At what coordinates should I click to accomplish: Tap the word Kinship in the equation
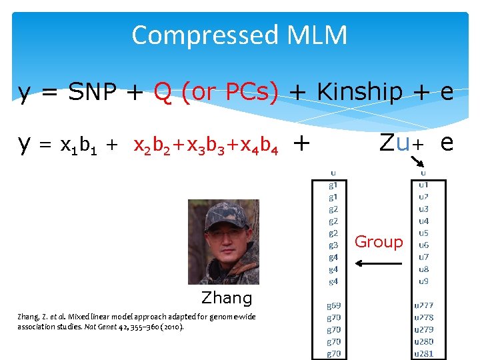pyautogui.click(x=359, y=91)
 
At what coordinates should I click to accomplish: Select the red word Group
pyautogui.click(x=379, y=241)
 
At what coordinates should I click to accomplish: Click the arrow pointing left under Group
pyautogui.click(x=379, y=263)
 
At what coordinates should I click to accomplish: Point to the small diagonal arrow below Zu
pyautogui.click(x=417, y=159)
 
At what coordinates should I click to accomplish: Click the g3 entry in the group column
pyautogui.click(x=333, y=245)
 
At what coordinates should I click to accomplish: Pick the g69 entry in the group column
pyautogui.click(x=334, y=306)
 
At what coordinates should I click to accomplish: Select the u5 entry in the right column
pyautogui.click(x=423, y=233)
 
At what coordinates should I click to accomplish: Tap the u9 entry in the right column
pyautogui.click(x=423, y=281)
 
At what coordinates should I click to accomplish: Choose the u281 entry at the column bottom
pyautogui.click(x=424, y=353)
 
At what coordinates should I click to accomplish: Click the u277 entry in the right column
pyautogui.click(x=424, y=306)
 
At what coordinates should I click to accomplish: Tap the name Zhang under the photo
pyautogui.click(x=227, y=298)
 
